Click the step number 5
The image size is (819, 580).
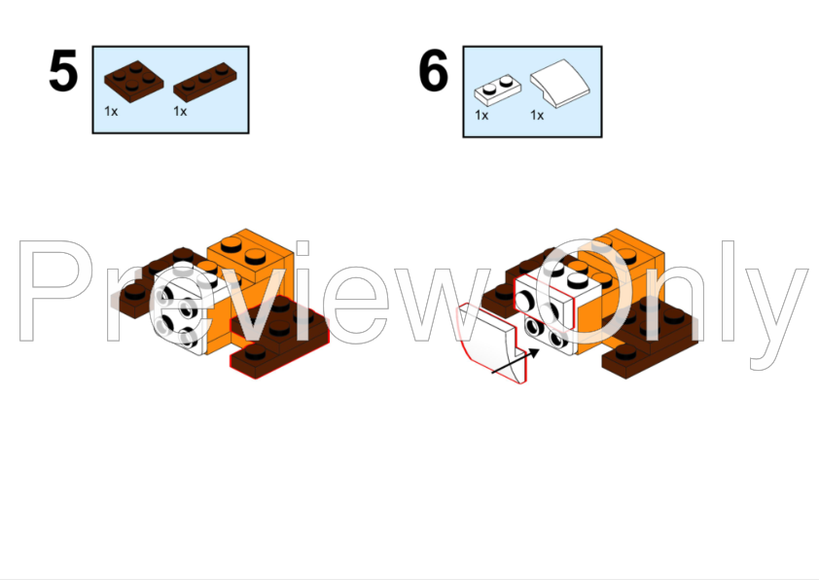pyautogui.click(x=63, y=72)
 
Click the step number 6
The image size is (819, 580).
pyautogui.click(x=434, y=72)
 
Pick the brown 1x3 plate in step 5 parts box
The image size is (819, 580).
pyautogui.click(x=205, y=84)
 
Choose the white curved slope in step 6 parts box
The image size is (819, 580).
pyautogui.click(x=557, y=83)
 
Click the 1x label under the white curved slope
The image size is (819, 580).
pyautogui.click(x=537, y=115)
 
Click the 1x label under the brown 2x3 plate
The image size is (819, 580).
pyautogui.click(x=111, y=111)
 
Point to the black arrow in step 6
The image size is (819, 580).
pyautogui.click(x=513, y=361)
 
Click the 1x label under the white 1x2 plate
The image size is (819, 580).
pyautogui.click(x=481, y=115)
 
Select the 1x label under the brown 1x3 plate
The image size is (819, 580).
pyautogui.click(x=180, y=111)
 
